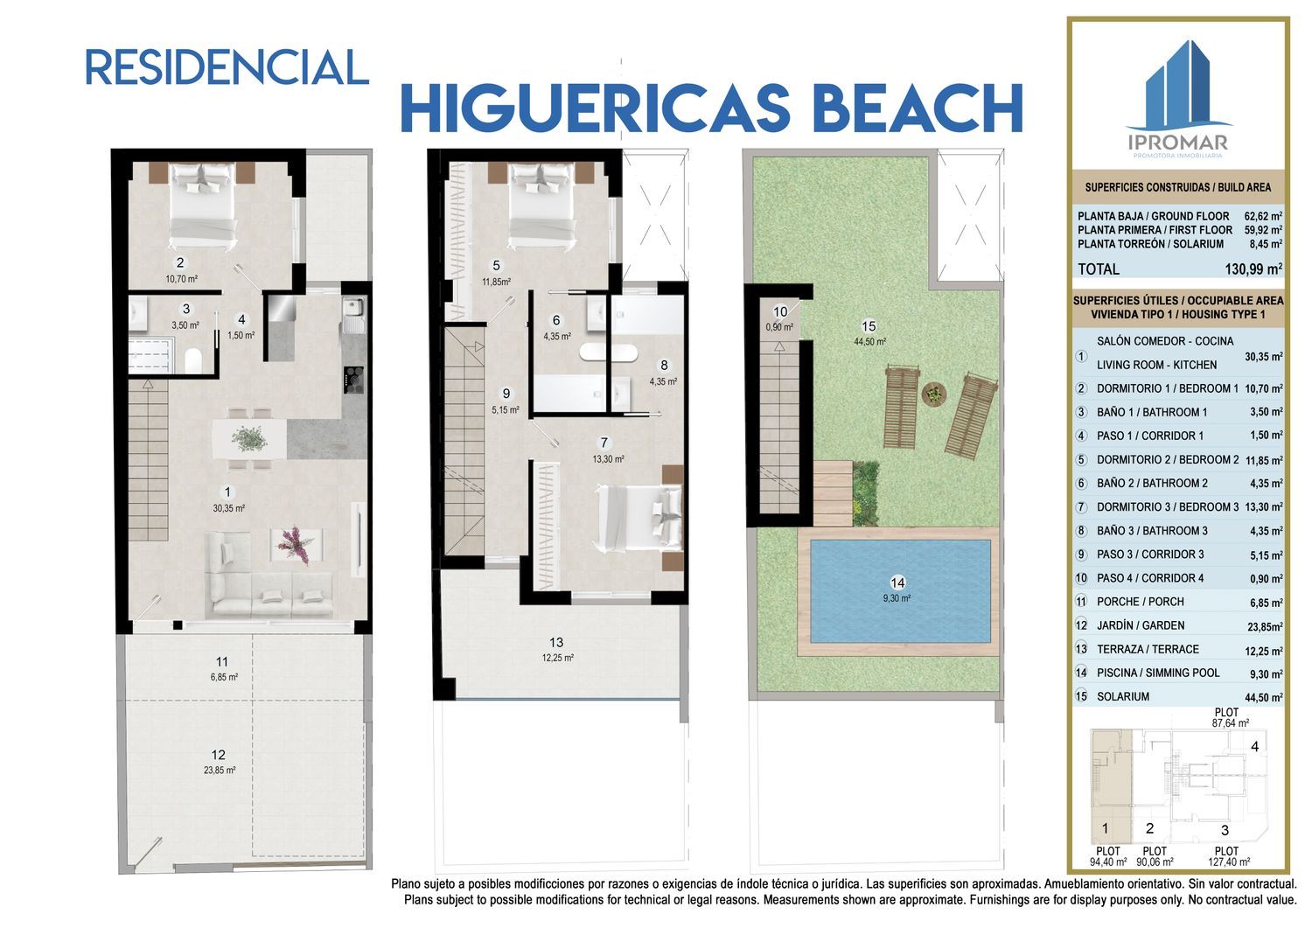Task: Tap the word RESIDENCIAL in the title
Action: point(227,67)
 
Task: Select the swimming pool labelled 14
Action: point(900,590)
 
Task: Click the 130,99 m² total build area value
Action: point(1253,269)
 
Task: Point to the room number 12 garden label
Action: point(219,755)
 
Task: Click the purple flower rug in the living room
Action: point(296,545)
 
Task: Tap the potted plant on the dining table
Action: point(250,438)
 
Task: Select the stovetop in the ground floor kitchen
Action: point(353,380)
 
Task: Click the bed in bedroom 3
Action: point(639,518)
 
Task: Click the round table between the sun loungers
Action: point(933,393)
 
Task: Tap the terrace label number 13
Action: point(555,642)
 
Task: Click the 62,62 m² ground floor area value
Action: point(1264,215)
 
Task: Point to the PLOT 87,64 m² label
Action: point(1230,718)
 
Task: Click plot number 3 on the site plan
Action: point(1225,830)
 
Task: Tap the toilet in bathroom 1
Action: point(193,360)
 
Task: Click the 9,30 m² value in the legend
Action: point(1267,673)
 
